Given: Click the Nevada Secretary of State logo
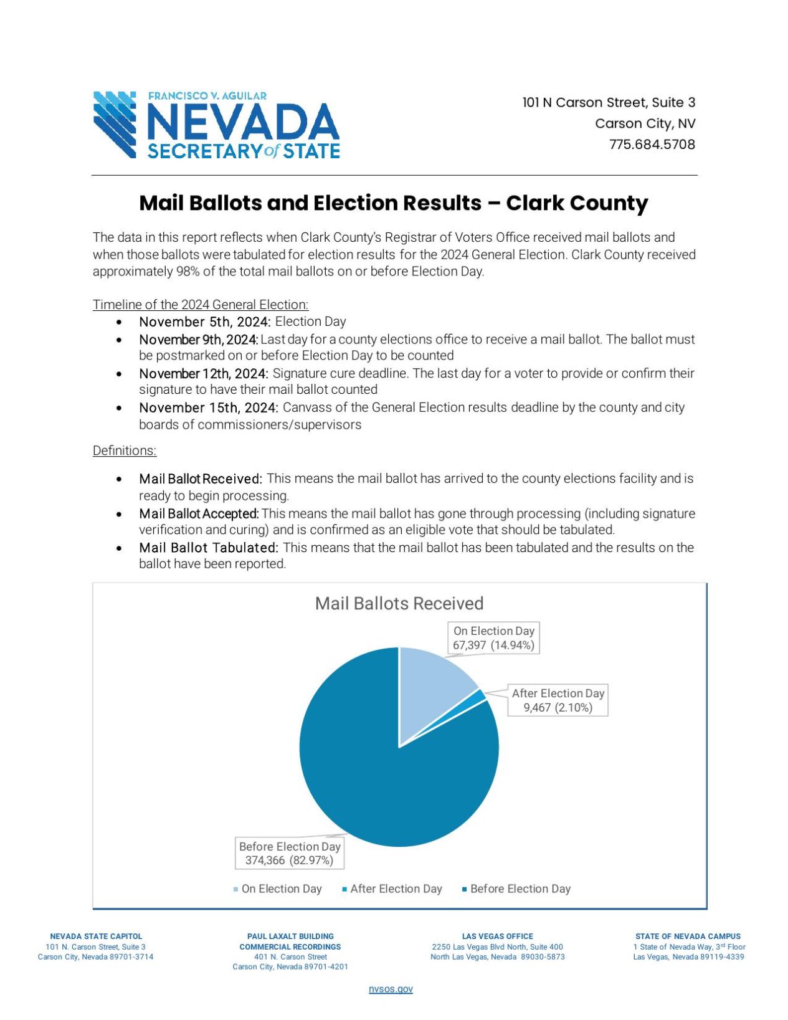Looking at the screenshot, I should [x=216, y=125].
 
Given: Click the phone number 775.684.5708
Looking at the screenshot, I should [x=652, y=145].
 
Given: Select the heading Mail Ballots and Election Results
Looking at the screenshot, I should [x=393, y=203].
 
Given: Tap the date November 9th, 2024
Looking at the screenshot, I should [x=198, y=340].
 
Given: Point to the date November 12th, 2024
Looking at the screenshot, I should [x=203, y=373].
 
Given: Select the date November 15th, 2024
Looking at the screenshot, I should [x=208, y=408].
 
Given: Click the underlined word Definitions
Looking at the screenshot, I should [x=124, y=450].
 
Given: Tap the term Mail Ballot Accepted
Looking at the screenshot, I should [x=198, y=513].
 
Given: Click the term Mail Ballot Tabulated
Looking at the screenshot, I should [x=208, y=548].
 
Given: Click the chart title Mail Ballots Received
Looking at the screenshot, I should [x=399, y=603].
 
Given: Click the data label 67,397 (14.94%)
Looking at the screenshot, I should [x=493, y=645].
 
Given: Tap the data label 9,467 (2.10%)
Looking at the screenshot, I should [x=558, y=707].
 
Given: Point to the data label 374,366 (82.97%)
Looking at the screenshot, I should [x=289, y=860].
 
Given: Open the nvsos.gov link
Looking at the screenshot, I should [x=391, y=989].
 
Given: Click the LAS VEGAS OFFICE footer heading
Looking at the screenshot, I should [x=497, y=936].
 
